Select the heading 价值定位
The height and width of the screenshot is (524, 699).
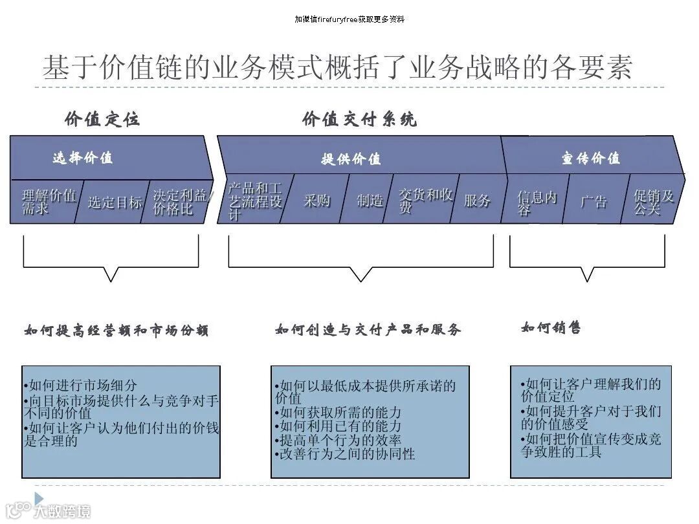pos(102,119)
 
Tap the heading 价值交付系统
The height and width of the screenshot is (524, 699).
pos(359,119)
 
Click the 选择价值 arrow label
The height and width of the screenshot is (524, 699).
pos(82,157)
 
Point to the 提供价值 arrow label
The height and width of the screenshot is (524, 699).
pos(351,158)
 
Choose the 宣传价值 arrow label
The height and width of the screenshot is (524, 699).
pos(590,158)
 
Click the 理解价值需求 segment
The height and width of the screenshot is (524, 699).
pos(48,201)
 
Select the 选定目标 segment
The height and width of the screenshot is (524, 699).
pos(114,202)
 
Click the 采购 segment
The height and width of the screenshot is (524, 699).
pos(316,201)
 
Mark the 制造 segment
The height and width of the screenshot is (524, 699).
pos(370,201)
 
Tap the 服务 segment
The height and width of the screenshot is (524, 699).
pos(477,201)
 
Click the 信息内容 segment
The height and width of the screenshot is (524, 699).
pos(536,202)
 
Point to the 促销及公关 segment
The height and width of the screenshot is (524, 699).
pos(652,201)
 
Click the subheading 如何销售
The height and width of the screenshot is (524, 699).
pos(551,327)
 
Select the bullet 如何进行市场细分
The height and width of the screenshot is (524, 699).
pos(81,386)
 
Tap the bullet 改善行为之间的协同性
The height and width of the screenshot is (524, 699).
pos(346,454)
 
